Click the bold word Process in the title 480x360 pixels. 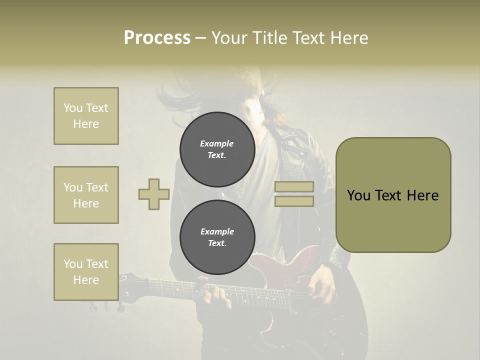(157, 38)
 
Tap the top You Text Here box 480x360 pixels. (86, 116)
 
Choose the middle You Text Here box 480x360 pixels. (86, 195)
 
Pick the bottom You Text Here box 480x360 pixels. (86, 272)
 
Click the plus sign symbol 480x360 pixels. (154, 194)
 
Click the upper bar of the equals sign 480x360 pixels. (294, 186)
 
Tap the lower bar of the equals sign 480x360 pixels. (294, 201)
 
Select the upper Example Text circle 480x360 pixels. (217, 149)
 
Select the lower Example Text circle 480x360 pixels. (217, 237)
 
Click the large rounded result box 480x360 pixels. (393, 195)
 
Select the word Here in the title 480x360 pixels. (350, 38)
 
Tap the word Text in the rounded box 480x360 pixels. (388, 195)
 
